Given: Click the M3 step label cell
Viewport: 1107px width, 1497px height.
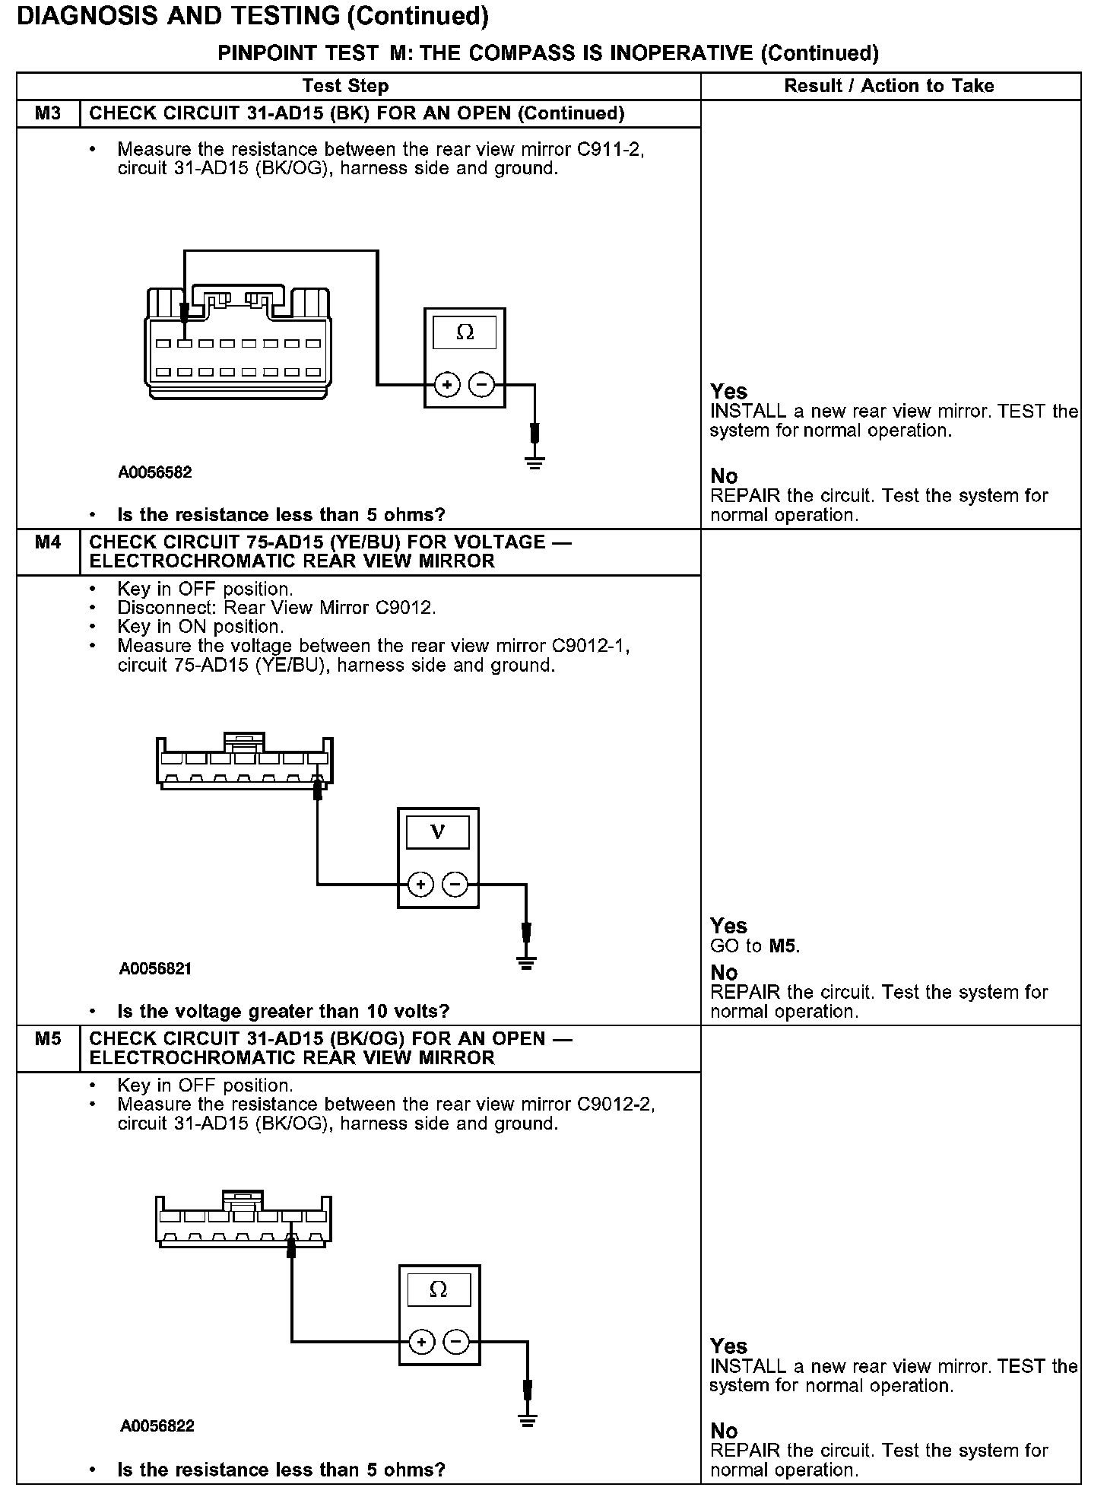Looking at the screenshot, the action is (48, 113).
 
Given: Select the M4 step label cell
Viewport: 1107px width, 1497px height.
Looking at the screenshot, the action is (48, 552).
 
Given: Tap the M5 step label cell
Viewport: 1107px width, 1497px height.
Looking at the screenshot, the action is (48, 1049).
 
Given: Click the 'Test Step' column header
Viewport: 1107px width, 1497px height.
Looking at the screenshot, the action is (345, 86).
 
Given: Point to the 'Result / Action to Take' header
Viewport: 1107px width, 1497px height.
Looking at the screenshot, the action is (889, 86).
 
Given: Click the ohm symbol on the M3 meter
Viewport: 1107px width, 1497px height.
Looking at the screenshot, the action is (465, 332).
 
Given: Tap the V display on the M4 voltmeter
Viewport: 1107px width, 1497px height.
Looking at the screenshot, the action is (437, 831).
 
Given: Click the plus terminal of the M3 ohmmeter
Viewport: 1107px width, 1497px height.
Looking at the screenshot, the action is (447, 385).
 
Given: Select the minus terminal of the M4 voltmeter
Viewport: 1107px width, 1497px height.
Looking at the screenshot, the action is (455, 884).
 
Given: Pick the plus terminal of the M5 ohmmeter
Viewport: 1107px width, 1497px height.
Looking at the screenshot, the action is (422, 1342).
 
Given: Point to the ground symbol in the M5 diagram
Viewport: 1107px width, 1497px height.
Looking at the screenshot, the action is (528, 1418).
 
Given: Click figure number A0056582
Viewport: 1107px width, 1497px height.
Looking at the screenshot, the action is (155, 472).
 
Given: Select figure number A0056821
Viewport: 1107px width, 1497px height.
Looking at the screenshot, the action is (155, 969).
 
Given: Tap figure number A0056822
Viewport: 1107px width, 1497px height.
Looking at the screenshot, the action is (157, 1425).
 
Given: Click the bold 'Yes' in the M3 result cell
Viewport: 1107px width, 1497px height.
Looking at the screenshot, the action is (729, 392).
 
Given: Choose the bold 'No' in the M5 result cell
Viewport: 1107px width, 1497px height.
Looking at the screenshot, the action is (724, 1431).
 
